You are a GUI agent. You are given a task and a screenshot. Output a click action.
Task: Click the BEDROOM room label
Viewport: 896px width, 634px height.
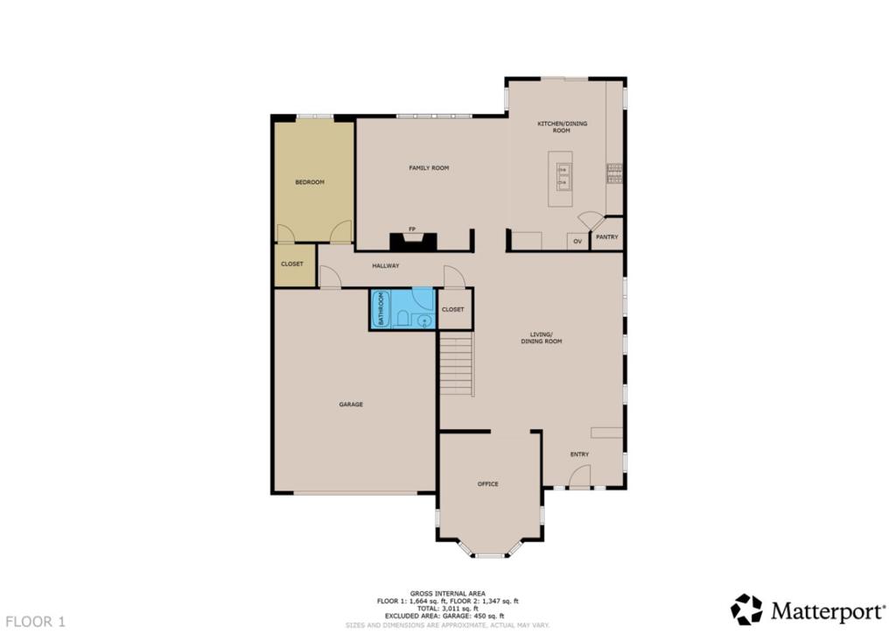click(x=309, y=182)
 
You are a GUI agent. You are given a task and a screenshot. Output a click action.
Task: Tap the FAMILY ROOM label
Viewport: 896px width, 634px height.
click(x=429, y=167)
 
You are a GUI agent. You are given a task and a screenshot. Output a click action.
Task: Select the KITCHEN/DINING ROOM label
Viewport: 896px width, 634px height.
click(x=562, y=127)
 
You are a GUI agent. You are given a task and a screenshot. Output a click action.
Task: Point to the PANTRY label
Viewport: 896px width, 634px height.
click(x=606, y=237)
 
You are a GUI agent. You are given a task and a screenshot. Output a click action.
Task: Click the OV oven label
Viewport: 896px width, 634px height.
click(x=577, y=241)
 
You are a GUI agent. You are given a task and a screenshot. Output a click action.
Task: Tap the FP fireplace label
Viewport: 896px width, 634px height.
click(x=411, y=229)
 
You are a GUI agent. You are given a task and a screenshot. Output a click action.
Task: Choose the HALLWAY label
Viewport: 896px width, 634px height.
click(x=386, y=265)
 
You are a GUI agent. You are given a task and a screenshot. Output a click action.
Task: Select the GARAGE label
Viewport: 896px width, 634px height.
click(x=351, y=405)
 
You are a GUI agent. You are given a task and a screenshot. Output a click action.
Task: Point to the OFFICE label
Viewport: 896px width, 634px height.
click(x=487, y=484)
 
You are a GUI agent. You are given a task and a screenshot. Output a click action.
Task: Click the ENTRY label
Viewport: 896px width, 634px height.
click(x=579, y=454)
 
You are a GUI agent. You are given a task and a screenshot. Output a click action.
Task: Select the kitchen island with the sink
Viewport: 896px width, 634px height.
click(x=561, y=179)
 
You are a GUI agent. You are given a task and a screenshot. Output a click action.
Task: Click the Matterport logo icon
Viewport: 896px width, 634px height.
click(x=746, y=609)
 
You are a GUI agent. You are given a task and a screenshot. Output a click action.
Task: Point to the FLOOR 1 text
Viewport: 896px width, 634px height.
click(x=34, y=622)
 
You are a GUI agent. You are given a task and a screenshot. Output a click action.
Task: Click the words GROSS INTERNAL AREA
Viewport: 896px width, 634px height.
click(x=447, y=593)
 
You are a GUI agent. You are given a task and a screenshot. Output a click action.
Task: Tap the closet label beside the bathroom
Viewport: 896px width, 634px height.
click(x=453, y=309)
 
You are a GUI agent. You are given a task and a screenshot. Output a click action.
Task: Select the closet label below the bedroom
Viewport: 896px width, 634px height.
click(x=292, y=264)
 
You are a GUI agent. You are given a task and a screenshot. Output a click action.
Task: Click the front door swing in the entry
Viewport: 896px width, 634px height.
click(x=579, y=476)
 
